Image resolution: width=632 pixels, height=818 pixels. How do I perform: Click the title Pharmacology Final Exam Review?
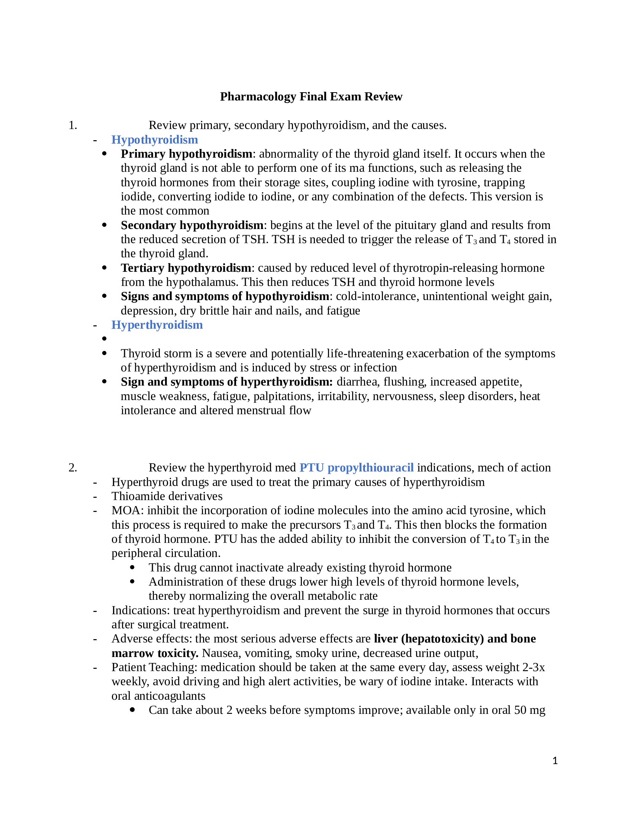coord(311,97)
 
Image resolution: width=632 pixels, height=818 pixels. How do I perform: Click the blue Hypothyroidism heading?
coord(155,140)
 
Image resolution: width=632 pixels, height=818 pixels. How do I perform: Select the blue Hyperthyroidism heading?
coord(157,325)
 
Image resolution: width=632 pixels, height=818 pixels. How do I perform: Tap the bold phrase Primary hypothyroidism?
coord(186,154)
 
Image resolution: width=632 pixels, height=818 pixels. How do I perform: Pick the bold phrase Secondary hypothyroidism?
coord(192,225)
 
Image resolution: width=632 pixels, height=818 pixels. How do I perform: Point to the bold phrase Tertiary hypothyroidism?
coord(186,268)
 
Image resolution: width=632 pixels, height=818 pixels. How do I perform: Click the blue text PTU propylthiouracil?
coord(357,468)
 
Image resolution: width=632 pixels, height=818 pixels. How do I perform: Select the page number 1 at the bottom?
coord(555,761)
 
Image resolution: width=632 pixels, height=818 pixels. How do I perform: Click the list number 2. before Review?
coord(73,468)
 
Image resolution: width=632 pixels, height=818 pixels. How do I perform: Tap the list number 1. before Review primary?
coord(73,125)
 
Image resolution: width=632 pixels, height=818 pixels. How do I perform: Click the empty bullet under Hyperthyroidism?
coord(104,339)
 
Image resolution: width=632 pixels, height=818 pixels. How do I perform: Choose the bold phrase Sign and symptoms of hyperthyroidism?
coord(226,382)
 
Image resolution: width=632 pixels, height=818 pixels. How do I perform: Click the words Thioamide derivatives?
coord(167,496)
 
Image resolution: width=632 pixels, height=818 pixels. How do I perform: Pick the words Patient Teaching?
coord(155,667)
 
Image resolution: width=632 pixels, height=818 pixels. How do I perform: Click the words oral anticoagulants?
coord(158,696)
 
